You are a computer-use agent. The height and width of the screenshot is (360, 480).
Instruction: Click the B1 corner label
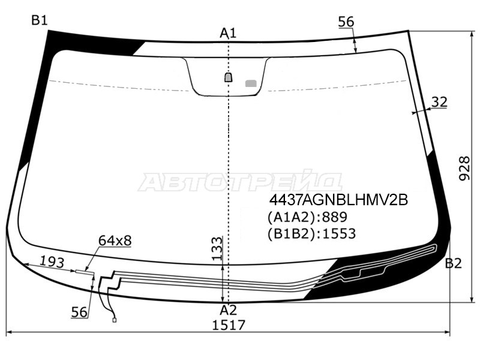[x=40, y=20]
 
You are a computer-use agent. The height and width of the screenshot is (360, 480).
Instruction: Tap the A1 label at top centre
[x=228, y=33]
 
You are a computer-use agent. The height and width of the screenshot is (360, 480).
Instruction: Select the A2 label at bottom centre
[x=228, y=310]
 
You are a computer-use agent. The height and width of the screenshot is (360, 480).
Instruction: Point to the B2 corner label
[x=453, y=263]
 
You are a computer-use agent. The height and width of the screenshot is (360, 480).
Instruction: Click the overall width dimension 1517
[x=229, y=325]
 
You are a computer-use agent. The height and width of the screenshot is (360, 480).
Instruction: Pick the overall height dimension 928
[x=464, y=169]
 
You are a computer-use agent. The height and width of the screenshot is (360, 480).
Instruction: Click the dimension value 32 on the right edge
[x=439, y=102]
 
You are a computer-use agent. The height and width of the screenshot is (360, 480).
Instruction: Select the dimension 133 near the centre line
[x=217, y=248]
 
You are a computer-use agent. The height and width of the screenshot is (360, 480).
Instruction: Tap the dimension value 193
[x=52, y=262]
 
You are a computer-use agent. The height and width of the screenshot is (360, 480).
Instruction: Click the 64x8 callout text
[x=115, y=241]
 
